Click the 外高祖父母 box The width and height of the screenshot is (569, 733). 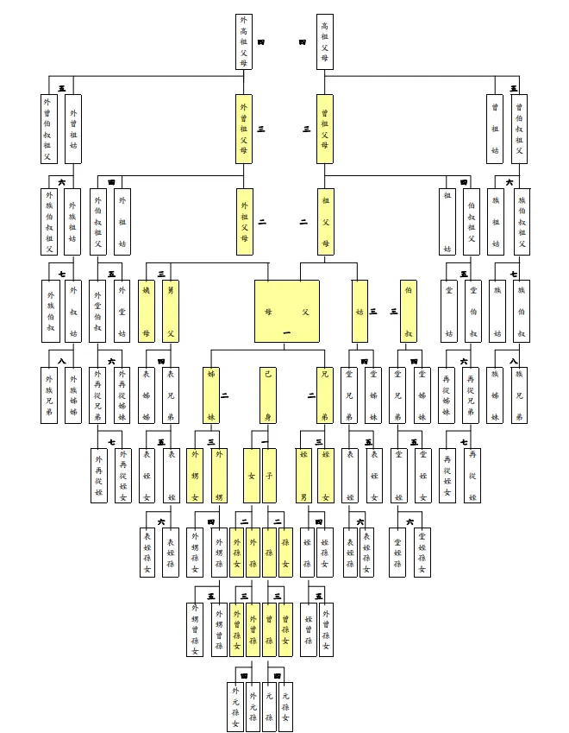[x=244, y=41]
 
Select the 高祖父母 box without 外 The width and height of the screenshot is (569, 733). [x=324, y=41]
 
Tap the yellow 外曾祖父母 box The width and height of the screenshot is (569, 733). [x=244, y=129]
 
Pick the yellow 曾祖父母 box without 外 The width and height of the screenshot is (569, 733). [x=324, y=129]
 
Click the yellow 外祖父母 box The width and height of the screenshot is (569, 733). [x=244, y=222]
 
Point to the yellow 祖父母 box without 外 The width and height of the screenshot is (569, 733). [x=324, y=222]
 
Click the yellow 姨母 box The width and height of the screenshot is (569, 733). [x=147, y=311]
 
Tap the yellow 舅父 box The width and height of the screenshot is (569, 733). [x=171, y=311]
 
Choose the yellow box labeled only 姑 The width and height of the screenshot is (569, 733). [x=359, y=311]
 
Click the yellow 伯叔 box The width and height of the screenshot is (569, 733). [x=408, y=311]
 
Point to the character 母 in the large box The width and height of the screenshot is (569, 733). [x=269, y=312]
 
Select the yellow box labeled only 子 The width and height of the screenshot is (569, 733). [x=270, y=475]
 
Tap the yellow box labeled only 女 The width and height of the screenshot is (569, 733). [x=250, y=475]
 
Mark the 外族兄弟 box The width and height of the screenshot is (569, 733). [x=50, y=396]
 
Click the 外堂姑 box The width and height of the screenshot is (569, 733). [x=122, y=311]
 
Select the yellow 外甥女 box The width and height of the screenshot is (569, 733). [x=196, y=475]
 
